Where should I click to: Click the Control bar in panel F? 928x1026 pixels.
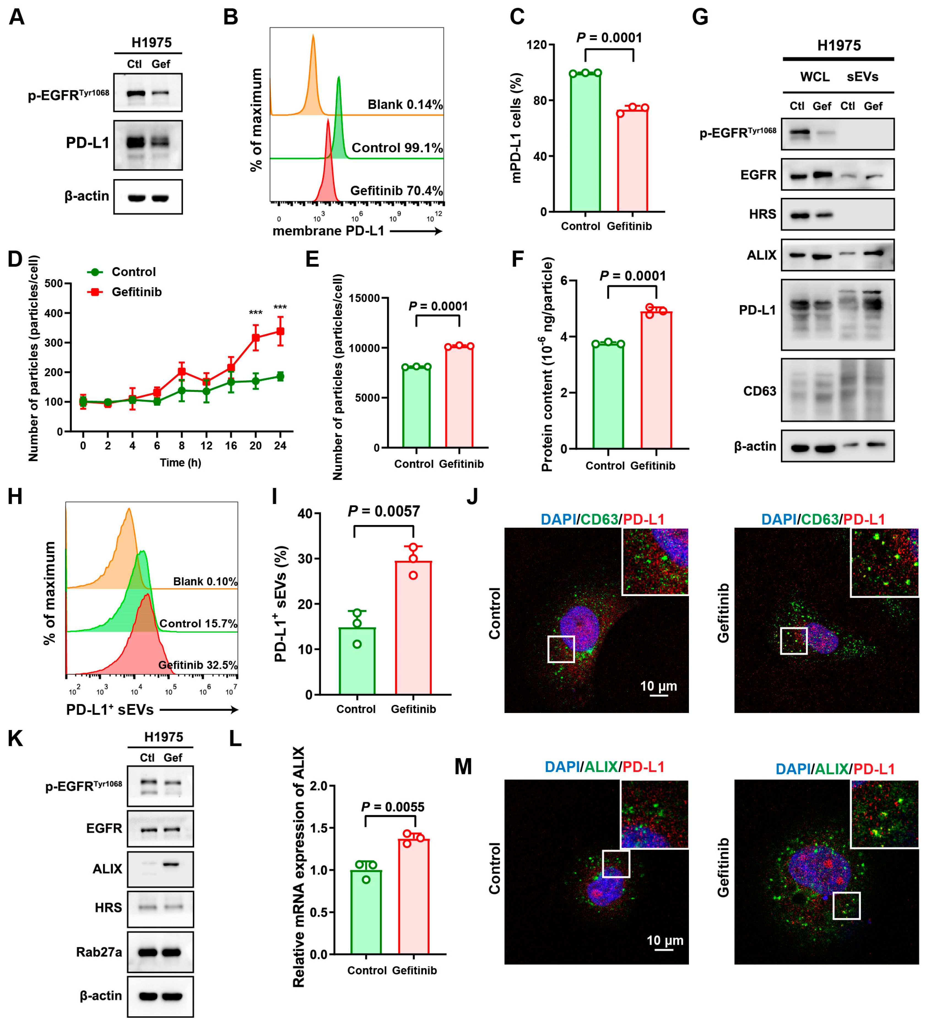[608, 397]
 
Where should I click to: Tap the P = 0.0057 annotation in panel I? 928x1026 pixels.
[384, 511]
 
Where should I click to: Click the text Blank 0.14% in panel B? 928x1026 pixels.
[405, 105]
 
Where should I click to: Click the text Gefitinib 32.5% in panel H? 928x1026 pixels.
[198, 665]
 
